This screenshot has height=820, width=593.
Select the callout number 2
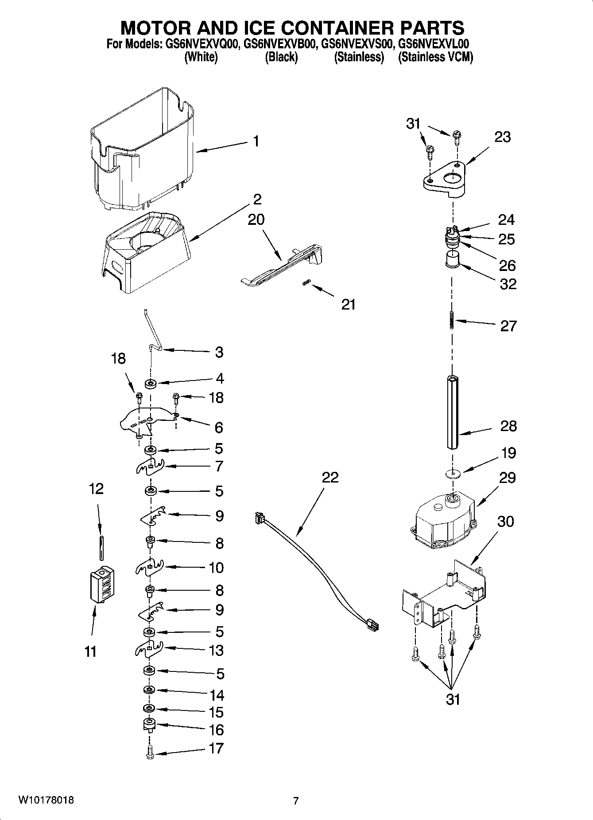click(257, 199)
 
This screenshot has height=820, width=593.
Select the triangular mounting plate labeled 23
click(443, 180)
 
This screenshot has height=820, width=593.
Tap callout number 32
click(508, 284)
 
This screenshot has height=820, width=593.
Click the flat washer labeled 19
click(452, 473)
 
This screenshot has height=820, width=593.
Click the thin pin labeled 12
click(102, 548)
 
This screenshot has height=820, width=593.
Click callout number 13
click(216, 650)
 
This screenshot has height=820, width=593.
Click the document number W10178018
click(46, 800)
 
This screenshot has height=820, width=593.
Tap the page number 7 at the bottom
click(296, 801)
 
